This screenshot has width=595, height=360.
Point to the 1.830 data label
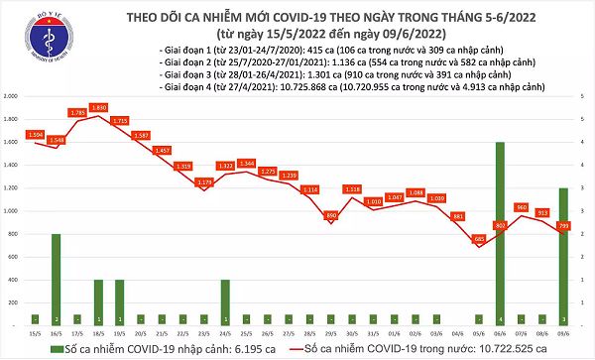[x=97, y=107]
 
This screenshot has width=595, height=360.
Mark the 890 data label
[x=331, y=214]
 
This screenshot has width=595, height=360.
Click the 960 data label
[x=522, y=206]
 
